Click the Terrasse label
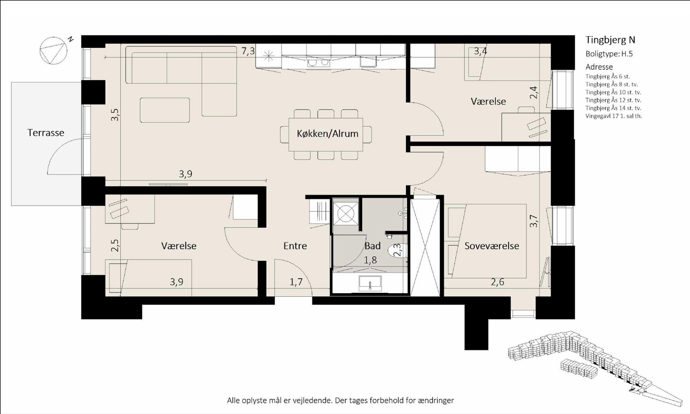pos(46,133)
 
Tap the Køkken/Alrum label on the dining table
pos(327,133)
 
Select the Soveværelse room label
pos(492,246)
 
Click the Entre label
pos(295,246)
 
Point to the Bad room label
pos(373,246)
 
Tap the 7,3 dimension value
pos(248,51)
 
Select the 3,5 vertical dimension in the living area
pos(115,115)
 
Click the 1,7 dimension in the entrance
pos(296,282)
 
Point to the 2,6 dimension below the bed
pos(498,282)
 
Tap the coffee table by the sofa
pos(165,110)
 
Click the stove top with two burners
pos(318,63)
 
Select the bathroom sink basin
pos(370,283)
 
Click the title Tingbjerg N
pos(610,40)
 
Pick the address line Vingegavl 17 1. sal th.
pos(614,116)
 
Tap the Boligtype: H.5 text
pos(609,54)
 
